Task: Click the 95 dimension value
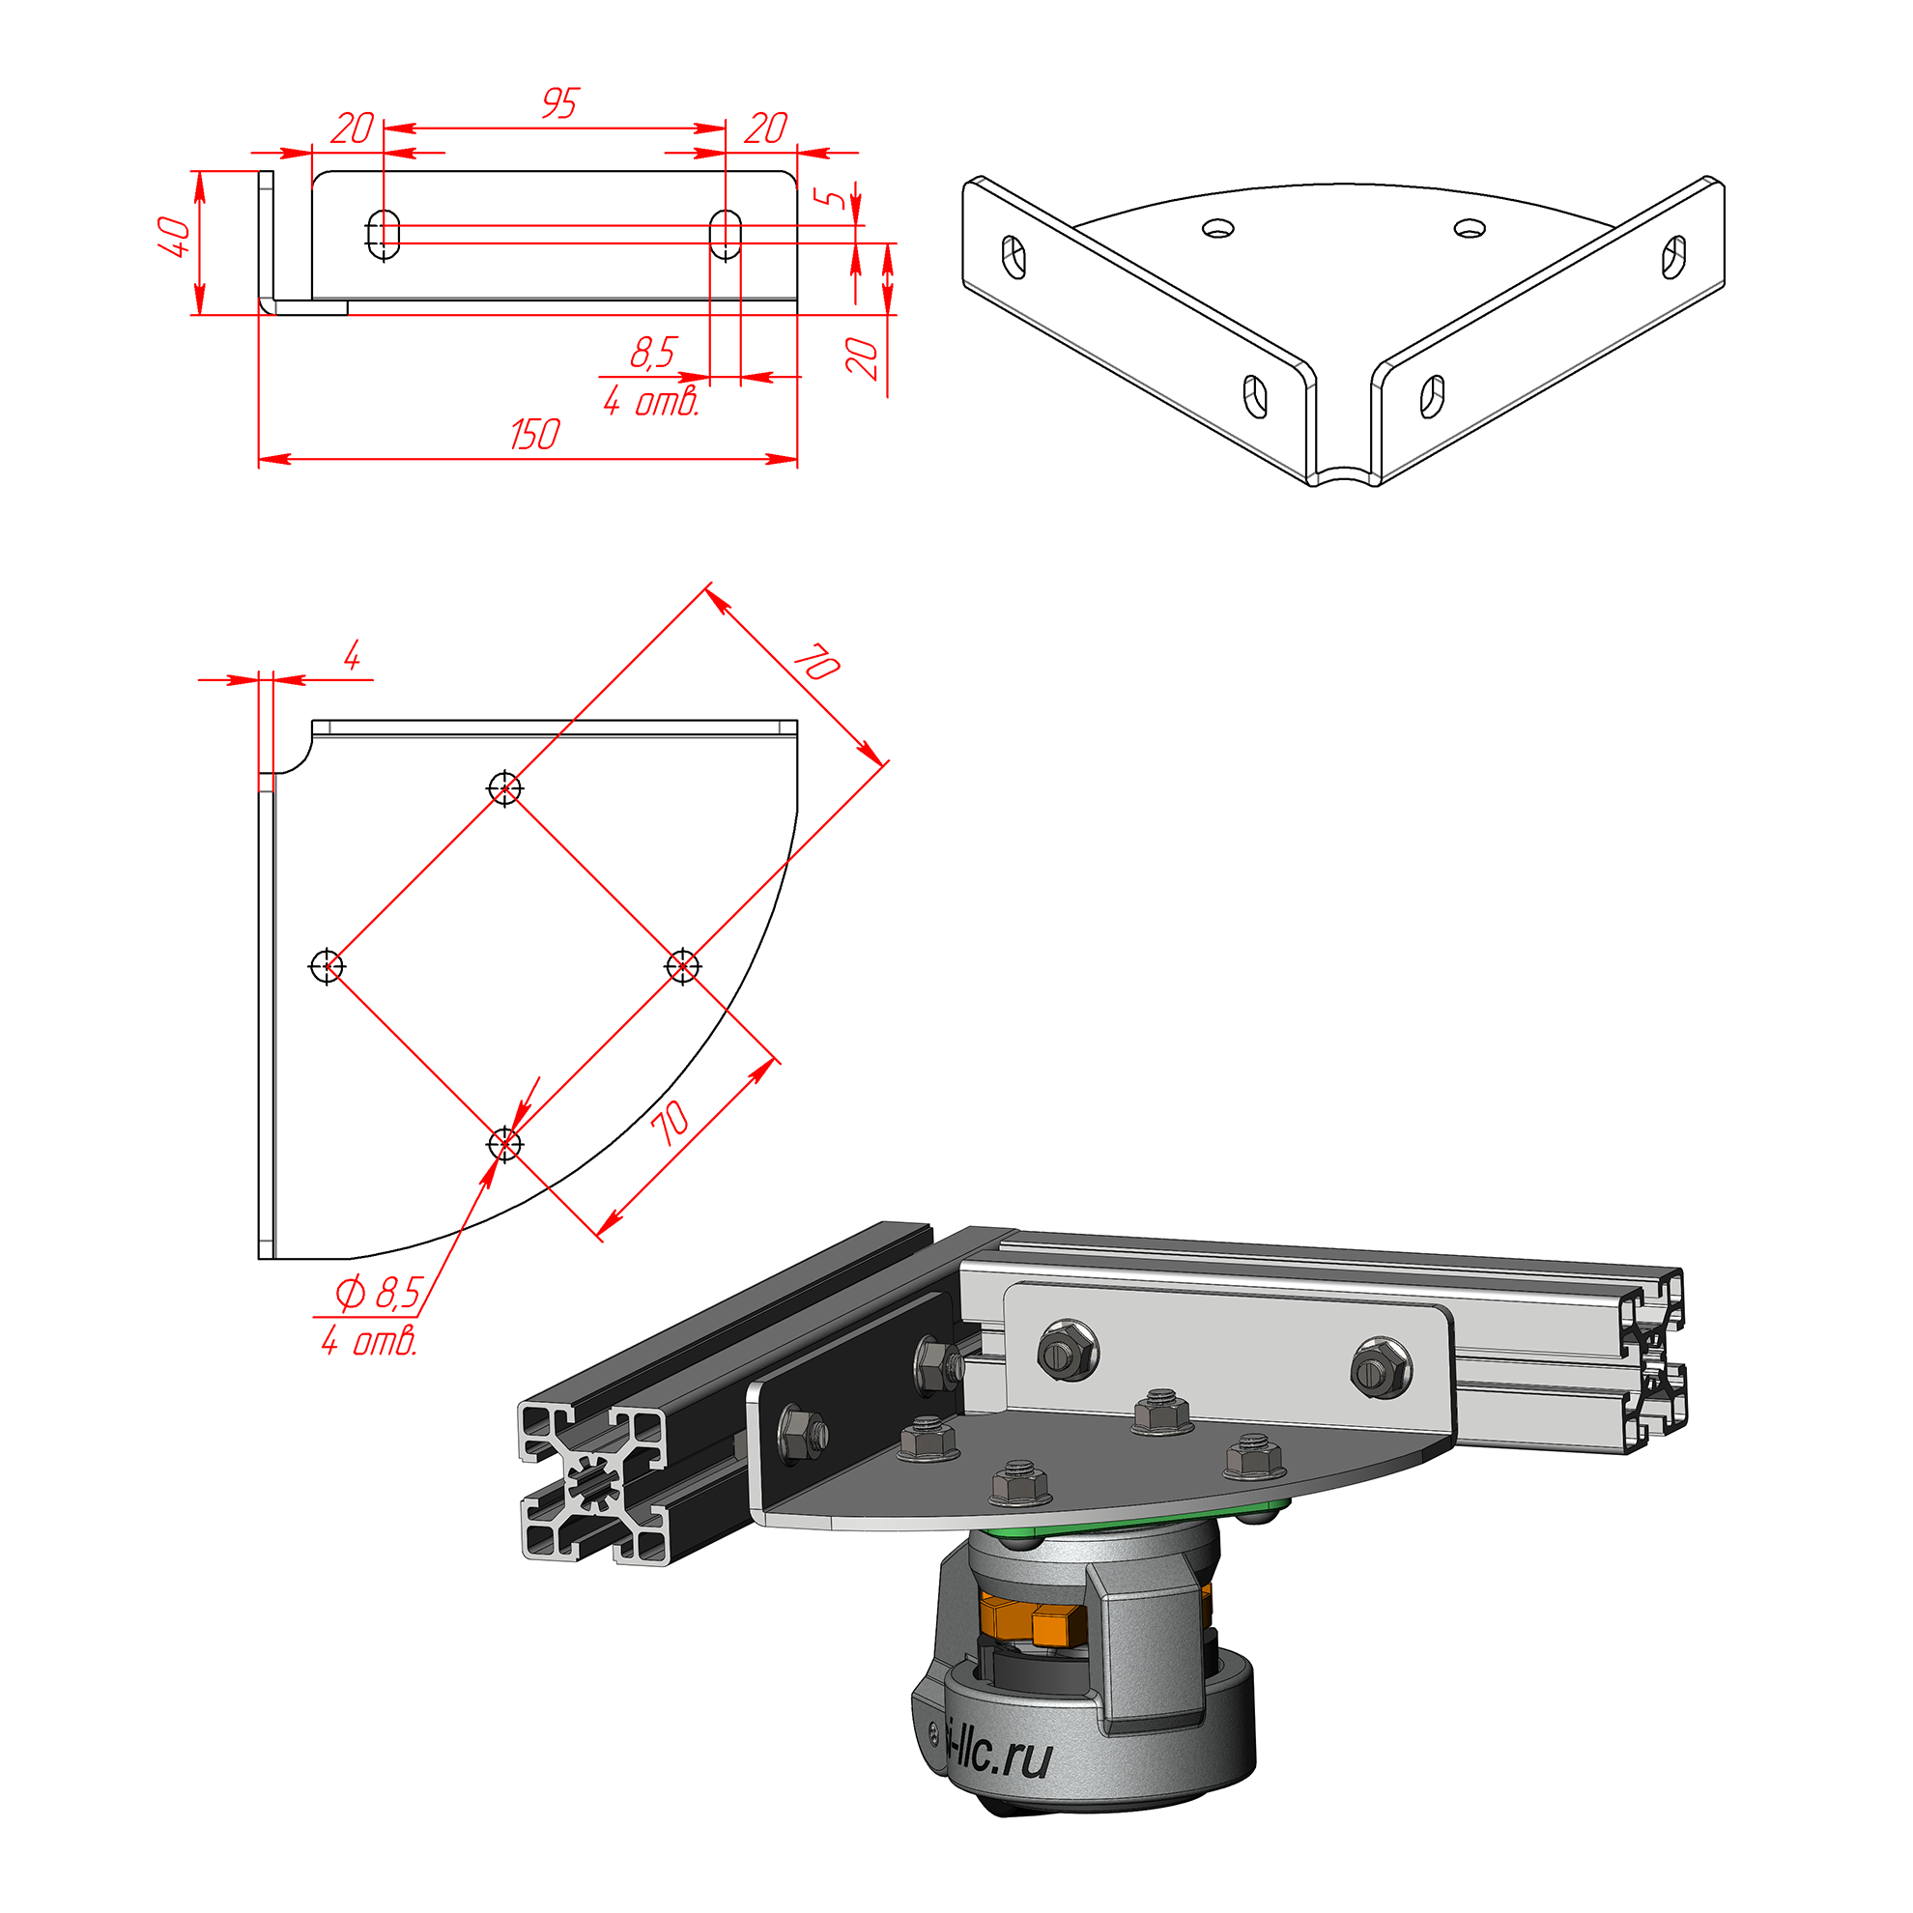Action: (x=559, y=103)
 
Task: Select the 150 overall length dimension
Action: (x=534, y=434)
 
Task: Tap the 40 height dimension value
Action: (x=175, y=238)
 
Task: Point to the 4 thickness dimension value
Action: (x=352, y=654)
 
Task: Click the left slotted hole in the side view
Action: (x=383, y=234)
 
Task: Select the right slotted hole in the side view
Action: (x=726, y=234)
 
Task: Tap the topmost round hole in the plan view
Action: (x=505, y=788)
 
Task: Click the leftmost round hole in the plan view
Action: (x=327, y=965)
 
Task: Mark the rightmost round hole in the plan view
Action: (x=682, y=965)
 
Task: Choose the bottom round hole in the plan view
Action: (x=505, y=1144)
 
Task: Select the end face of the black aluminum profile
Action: (x=592, y=1485)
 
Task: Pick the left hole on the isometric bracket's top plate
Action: (x=1218, y=229)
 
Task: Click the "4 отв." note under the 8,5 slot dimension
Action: (x=651, y=401)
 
